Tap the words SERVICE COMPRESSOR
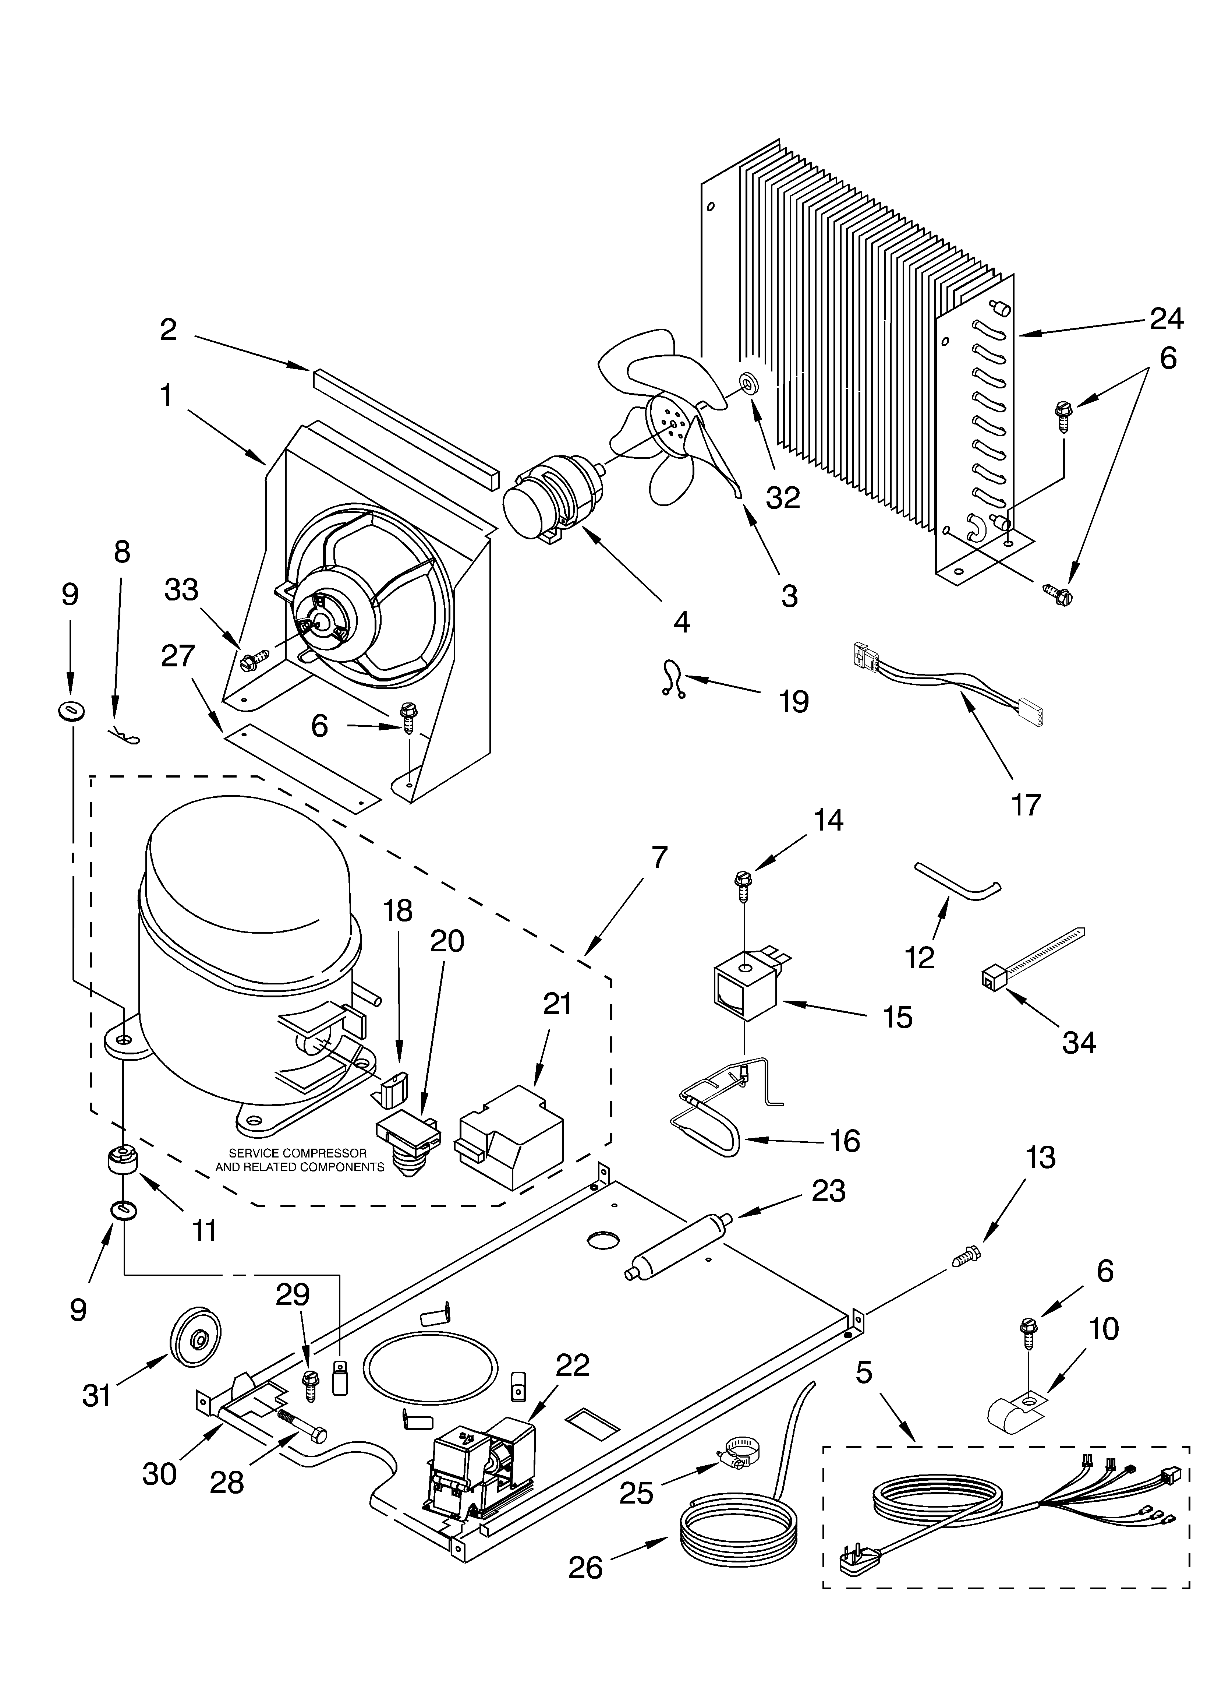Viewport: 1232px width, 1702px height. point(298,1153)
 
